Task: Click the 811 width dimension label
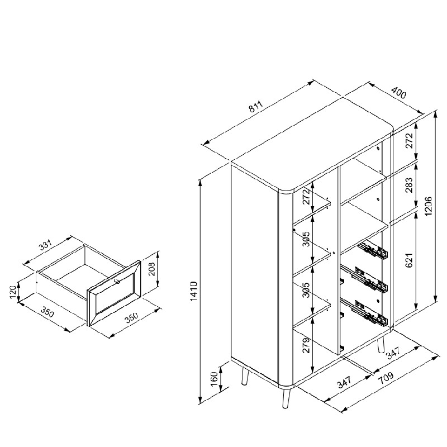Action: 255,107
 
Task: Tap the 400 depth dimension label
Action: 398,93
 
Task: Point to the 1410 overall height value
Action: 194,291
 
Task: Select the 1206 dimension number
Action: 429,206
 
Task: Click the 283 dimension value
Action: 409,185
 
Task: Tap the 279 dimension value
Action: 306,345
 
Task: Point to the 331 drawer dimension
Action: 46,245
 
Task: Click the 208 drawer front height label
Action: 152,269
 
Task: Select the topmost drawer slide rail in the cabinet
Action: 374,251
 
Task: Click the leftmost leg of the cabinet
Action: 245,376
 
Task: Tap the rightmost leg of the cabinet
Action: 381,345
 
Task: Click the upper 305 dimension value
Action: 306,239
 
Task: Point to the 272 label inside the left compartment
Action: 306,196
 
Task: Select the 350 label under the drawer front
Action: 132,317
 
